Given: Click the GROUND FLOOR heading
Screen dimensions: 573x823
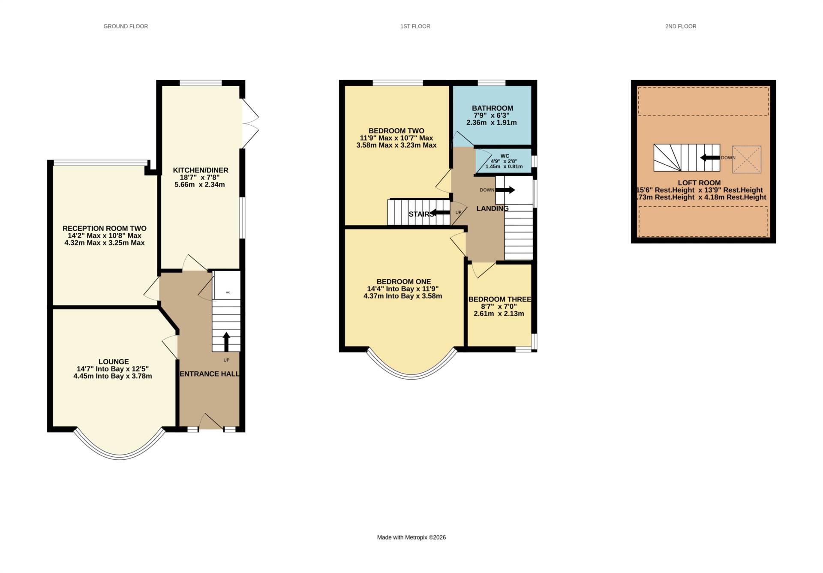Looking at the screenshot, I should pos(126,27).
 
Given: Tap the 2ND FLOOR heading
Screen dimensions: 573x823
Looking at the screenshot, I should pos(680,27).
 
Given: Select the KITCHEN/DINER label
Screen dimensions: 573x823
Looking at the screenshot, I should pos(200,170).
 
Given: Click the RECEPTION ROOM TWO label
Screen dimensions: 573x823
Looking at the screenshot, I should pos(104,229).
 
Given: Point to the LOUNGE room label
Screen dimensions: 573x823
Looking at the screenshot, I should pos(114,362).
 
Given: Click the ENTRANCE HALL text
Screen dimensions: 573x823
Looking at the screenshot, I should pos(209,374).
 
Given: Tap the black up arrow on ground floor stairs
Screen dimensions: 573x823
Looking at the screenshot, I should pos(226,341).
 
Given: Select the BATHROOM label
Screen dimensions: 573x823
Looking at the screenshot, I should pos(492,108).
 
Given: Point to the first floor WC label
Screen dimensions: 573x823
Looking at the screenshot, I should pos(505,156).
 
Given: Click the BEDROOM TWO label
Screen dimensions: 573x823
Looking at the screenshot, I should pos(396,131).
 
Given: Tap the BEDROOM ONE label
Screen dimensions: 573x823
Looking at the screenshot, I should pos(403,282).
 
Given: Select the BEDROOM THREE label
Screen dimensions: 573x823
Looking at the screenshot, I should pos(499,299).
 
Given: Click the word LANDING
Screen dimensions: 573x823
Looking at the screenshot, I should pos(493,208).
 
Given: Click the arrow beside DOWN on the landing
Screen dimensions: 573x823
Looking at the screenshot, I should pos(505,190).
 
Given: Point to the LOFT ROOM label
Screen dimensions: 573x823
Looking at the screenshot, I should pos(699,183).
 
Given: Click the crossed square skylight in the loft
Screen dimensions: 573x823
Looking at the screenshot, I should pos(746,160).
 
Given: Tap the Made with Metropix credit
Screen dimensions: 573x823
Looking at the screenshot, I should pos(411,537).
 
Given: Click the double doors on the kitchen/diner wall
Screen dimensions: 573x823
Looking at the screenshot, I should pos(250,124).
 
